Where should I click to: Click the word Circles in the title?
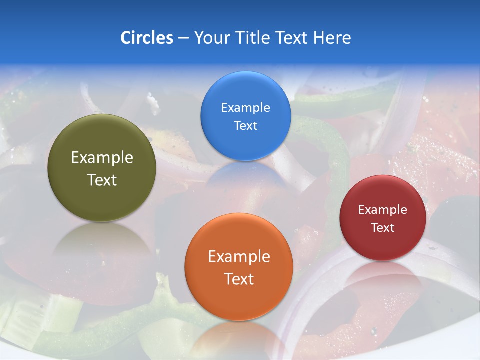click(x=146, y=38)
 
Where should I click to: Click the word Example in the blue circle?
click(x=245, y=108)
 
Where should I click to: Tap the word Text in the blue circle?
click(x=245, y=126)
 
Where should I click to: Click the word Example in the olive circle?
click(x=102, y=158)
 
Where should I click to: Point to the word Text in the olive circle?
click(x=102, y=180)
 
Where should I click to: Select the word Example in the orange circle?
click(x=239, y=257)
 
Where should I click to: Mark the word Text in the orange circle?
click(x=239, y=279)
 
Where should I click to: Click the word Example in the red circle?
click(x=383, y=210)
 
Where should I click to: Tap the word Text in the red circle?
click(x=383, y=228)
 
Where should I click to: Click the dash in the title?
click(x=183, y=38)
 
